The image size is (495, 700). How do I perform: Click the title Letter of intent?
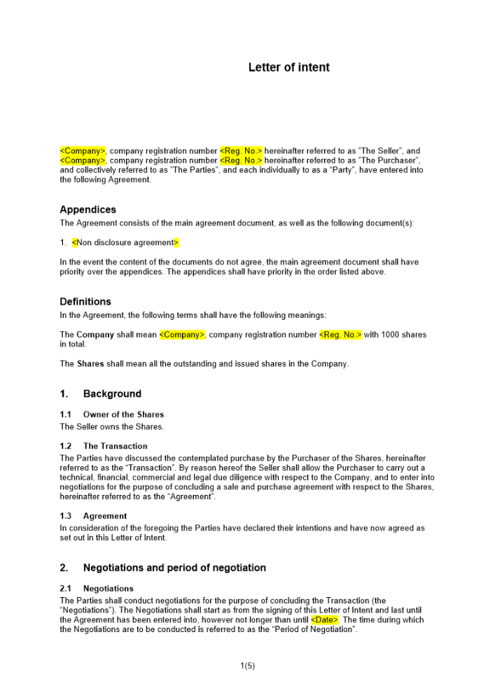(x=288, y=68)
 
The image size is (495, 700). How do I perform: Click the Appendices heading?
(x=88, y=209)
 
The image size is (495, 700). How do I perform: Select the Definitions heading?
(x=85, y=302)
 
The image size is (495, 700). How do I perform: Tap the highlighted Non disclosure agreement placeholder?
(x=125, y=243)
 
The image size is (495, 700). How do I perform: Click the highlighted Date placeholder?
(x=325, y=619)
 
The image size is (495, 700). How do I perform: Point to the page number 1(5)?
(x=247, y=666)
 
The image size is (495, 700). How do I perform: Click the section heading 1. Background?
(x=101, y=393)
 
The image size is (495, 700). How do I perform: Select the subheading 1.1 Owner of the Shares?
(x=112, y=414)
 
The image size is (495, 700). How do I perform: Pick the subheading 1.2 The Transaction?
(x=104, y=446)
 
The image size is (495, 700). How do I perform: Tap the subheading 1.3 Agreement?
(x=95, y=516)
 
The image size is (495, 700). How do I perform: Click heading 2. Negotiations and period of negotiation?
(x=162, y=567)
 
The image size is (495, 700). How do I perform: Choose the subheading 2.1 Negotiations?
(x=97, y=589)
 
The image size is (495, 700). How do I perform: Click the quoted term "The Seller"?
(x=378, y=150)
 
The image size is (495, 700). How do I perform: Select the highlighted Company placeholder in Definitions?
(x=182, y=335)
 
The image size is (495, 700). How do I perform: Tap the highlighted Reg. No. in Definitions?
(x=340, y=335)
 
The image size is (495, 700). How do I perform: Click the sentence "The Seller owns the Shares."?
(x=111, y=426)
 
